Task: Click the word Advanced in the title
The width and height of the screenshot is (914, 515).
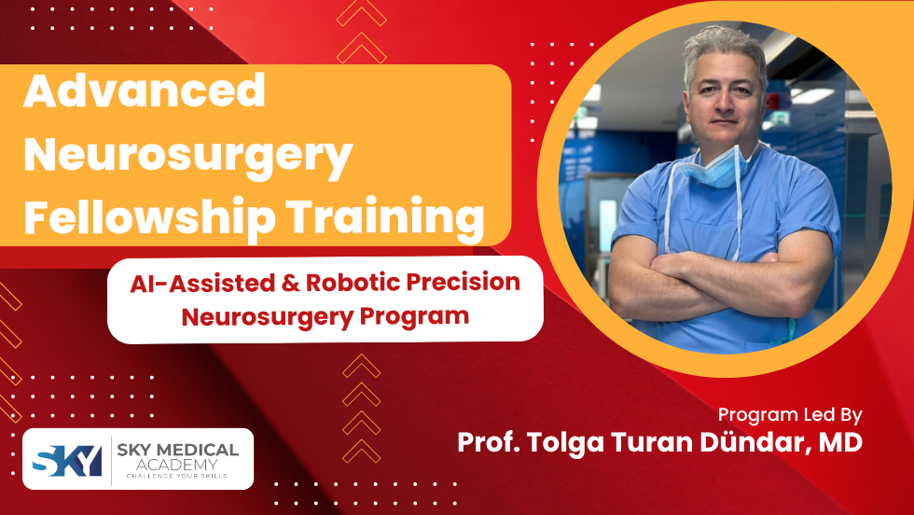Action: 145,91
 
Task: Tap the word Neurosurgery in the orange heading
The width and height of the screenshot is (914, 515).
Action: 187,155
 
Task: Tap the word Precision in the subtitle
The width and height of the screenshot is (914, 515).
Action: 464,282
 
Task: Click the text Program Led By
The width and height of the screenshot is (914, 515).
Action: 790,414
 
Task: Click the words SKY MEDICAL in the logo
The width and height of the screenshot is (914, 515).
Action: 178,451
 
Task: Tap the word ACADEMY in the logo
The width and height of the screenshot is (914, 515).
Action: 177,466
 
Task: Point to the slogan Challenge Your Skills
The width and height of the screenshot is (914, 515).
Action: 177,478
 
